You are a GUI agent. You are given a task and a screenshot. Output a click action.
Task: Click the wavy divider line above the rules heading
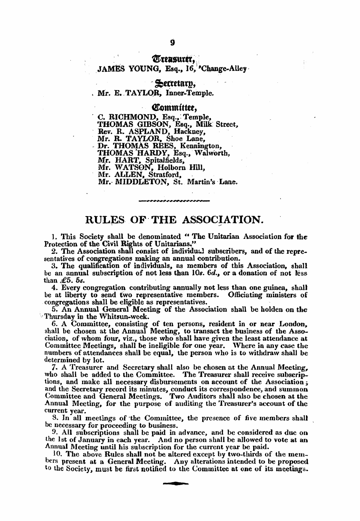coord(174,201)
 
